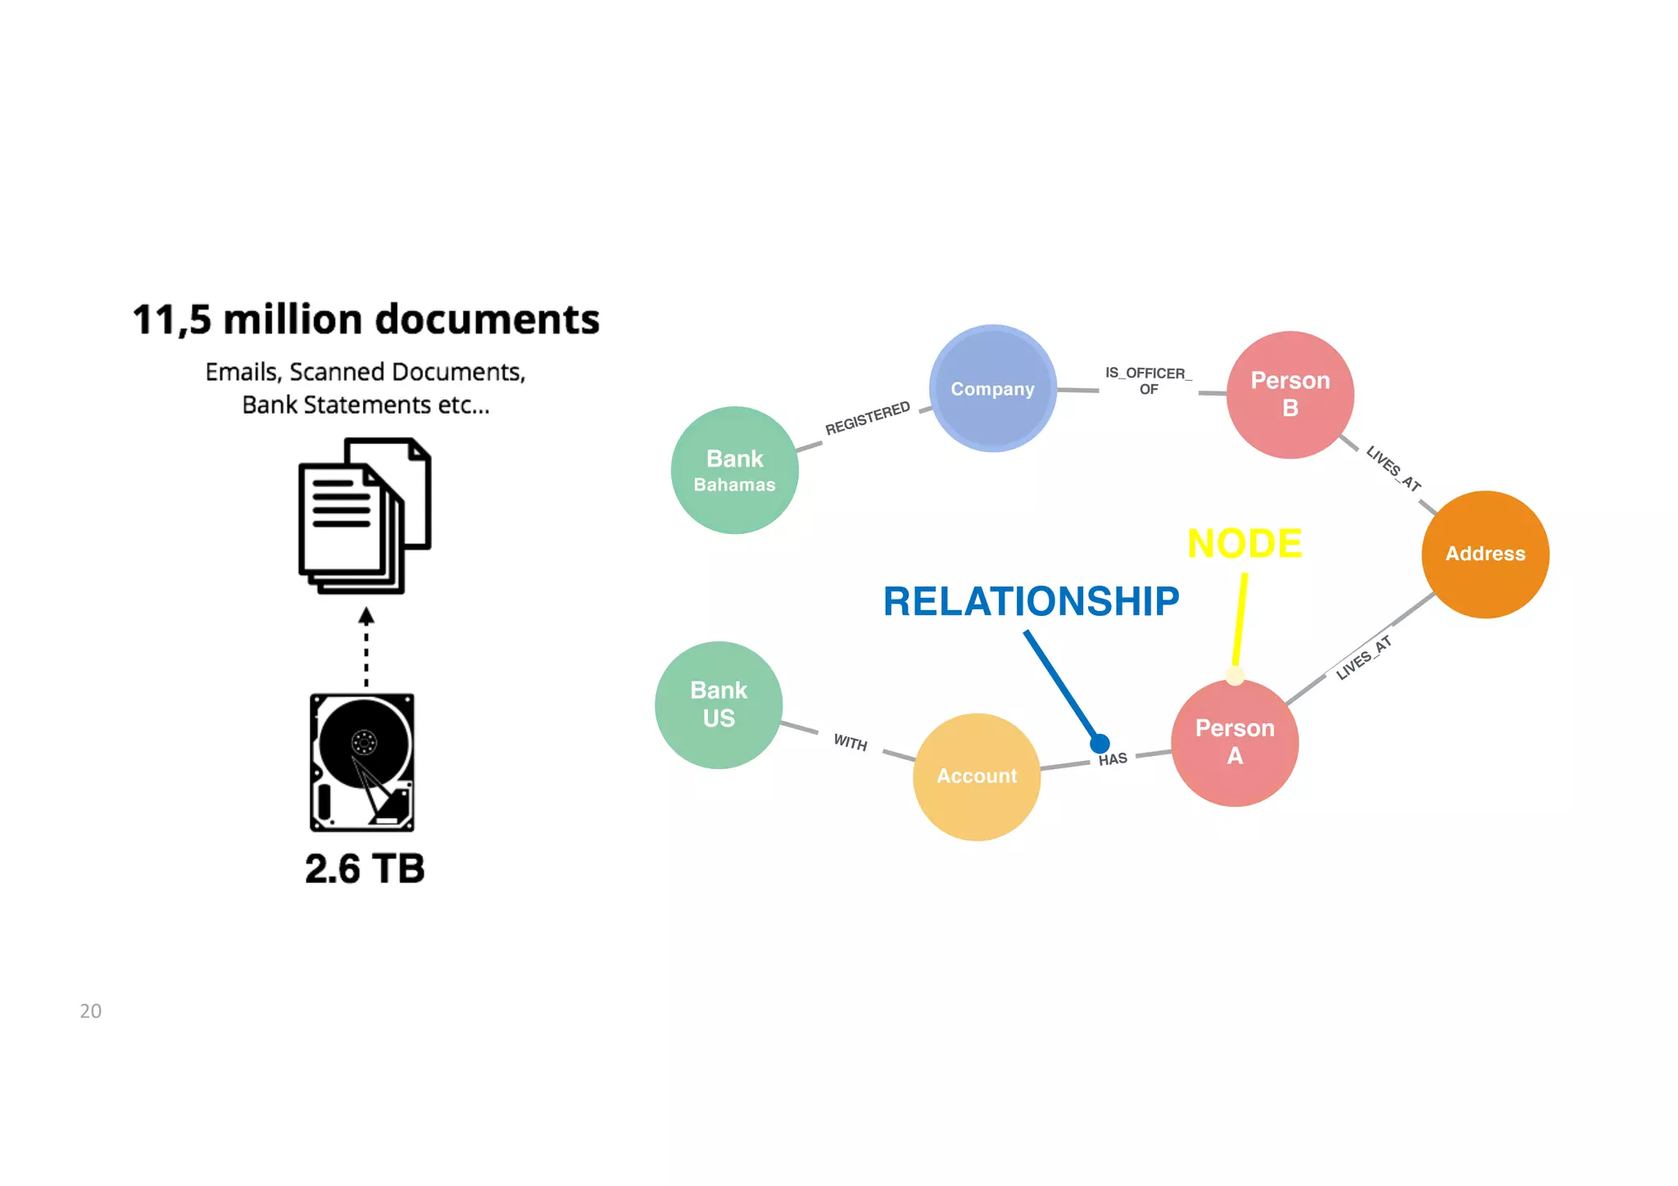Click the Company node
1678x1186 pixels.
pyautogui.click(x=992, y=388)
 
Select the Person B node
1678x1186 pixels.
pyautogui.click(x=1290, y=394)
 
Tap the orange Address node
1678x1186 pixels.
pyautogui.click(x=1485, y=554)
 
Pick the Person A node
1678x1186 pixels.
pyautogui.click(x=1235, y=742)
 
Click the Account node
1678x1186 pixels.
pyautogui.click(x=977, y=776)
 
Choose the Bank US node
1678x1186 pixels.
pyautogui.click(x=719, y=704)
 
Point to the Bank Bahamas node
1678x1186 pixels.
pyautogui.click(x=734, y=470)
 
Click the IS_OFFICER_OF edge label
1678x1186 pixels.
pyautogui.click(x=1148, y=381)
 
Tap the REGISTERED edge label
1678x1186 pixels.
pyautogui.click(x=867, y=418)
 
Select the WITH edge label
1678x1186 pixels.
pyautogui.click(x=850, y=742)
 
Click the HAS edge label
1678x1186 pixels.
pyautogui.click(x=1113, y=759)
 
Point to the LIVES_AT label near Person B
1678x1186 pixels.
pyautogui.click(x=1393, y=469)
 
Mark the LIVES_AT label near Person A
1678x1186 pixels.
pyautogui.click(x=1363, y=657)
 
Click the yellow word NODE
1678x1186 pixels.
pyautogui.click(x=1244, y=543)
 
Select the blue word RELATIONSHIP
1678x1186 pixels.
pyautogui.click(x=1031, y=601)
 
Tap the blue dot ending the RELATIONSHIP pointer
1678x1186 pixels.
pyautogui.click(x=1100, y=743)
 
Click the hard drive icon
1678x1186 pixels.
pyautogui.click(x=362, y=763)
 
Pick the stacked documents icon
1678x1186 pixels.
pyautogui.click(x=365, y=516)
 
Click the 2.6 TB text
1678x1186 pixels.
pyautogui.click(x=365, y=869)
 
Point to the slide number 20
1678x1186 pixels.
pyautogui.click(x=90, y=1011)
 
